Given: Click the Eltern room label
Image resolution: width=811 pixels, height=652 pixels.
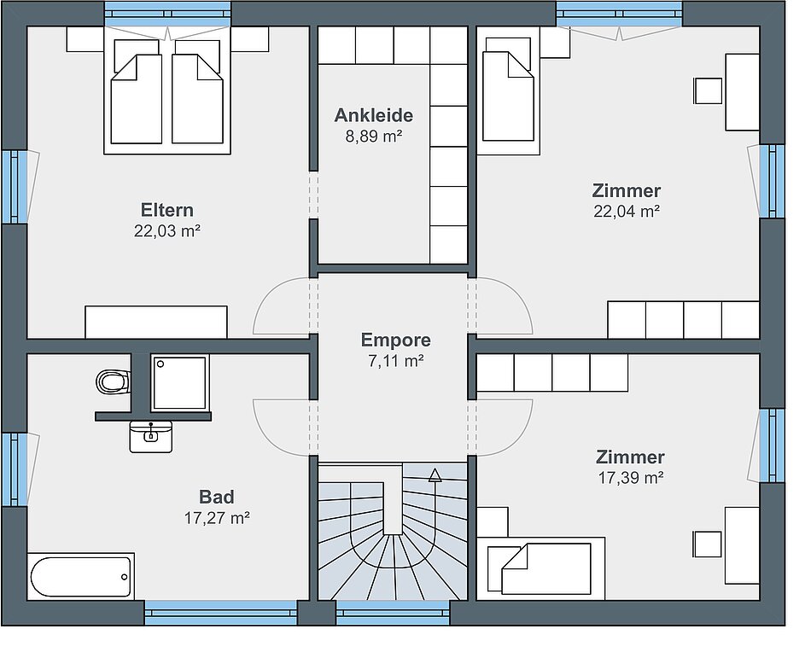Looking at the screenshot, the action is tap(167, 210).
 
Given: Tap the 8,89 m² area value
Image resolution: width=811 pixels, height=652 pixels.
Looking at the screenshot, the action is tap(374, 136).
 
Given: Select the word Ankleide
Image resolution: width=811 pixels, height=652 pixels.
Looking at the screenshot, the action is tap(373, 115).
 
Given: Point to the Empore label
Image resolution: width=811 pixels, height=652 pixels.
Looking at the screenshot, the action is tap(395, 340).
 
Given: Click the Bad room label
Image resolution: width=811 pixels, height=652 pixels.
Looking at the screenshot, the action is tap(217, 497).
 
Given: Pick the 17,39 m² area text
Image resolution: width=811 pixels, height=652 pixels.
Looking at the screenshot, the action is tap(631, 478).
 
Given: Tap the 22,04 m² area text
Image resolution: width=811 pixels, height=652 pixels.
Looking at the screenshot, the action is tap(627, 211).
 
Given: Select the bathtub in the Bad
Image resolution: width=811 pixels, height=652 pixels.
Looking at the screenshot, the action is tap(81, 577).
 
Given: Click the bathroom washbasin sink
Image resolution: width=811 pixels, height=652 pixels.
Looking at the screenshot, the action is tap(150, 436).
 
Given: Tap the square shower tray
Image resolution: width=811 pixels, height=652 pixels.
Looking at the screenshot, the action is tap(179, 382).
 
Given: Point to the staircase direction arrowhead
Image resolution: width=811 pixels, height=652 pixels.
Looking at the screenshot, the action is tap(435, 474).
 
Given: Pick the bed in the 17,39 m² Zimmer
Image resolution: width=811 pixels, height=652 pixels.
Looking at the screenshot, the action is tap(540, 568).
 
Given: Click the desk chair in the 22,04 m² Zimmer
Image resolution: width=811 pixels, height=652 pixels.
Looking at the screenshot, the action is tap(708, 91).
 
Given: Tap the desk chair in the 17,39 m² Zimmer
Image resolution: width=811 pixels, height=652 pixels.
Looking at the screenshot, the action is tap(708, 544).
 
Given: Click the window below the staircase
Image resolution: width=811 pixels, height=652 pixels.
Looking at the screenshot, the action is tap(393, 613).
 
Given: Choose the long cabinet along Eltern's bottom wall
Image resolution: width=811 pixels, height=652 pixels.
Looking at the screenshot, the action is tap(155, 322).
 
